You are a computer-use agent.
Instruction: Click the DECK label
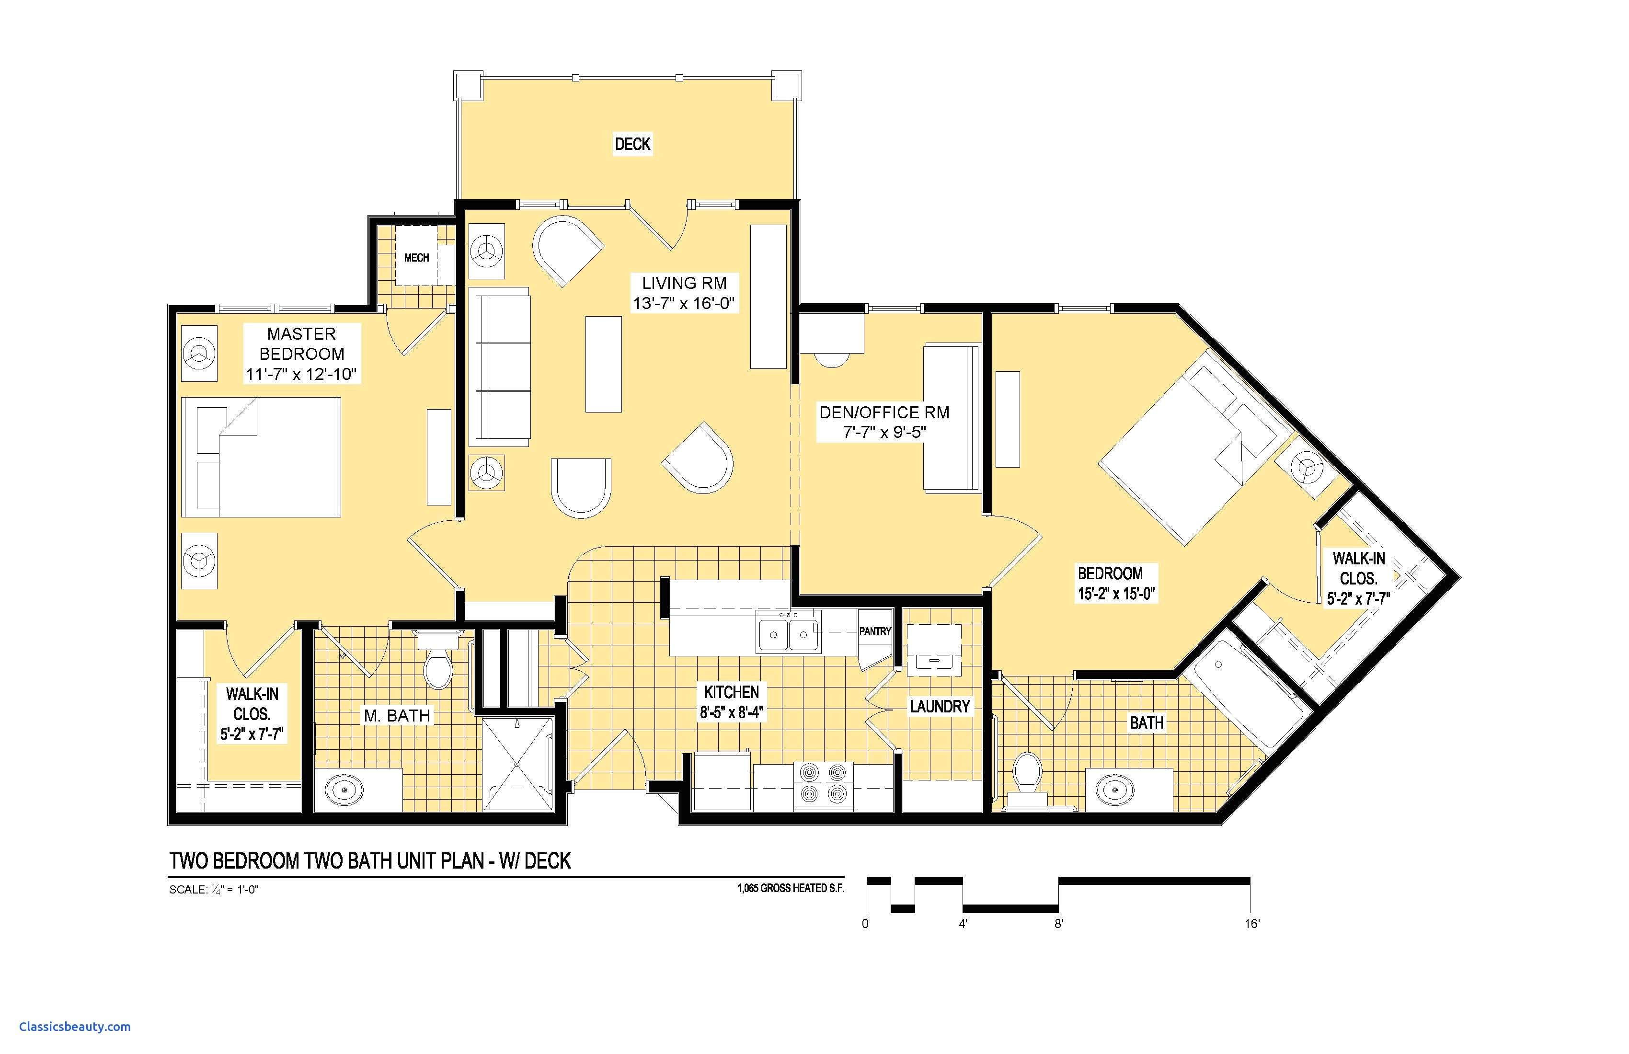pyautogui.click(x=632, y=144)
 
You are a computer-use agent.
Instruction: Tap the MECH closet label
pyautogui.click(x=417, y=257)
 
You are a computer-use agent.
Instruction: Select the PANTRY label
pyautogui.click(x=875, y=631)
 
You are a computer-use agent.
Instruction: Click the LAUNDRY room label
pyautogui.click(x=940, y=706)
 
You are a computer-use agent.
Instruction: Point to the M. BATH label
pyautogui.click(x=397, y=716)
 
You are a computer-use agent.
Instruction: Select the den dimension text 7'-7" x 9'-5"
pyautogui.click(x=884, y=432)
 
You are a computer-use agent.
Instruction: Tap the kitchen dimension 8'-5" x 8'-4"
pyautogui.click(x=731, y=712)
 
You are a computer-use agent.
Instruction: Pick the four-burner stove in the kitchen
pyautogui.click(x=824, y=784)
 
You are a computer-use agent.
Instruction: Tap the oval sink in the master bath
pyautogui.click(x=343, y=790)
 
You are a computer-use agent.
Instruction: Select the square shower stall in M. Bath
pyautogui.click(x=517, y=763)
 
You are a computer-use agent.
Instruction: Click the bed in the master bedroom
pyautogui.click(x=261, y=457)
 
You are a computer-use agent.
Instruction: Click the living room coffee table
pyautogui.click(x=604, y=364)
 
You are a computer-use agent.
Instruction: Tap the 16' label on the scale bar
pyautogui.click(x=1252, y=924)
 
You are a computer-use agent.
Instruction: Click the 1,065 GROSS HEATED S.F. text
pyautogui.click(x=791, y=888)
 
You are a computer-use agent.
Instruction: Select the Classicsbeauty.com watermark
pyautogui.click(x=75, y=1027)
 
